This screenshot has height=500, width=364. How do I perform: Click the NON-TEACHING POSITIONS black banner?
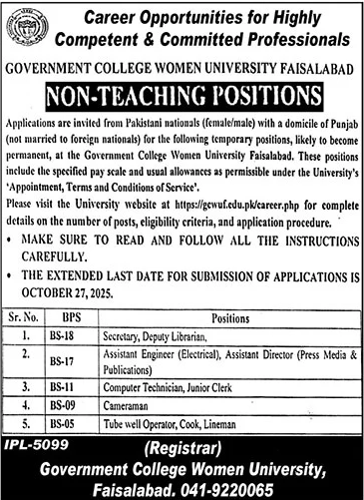click(x=182, y=97)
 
